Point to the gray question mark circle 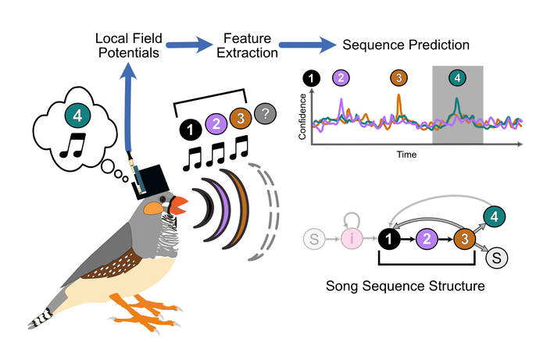coord(266,114)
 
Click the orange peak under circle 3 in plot coord(399,102)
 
